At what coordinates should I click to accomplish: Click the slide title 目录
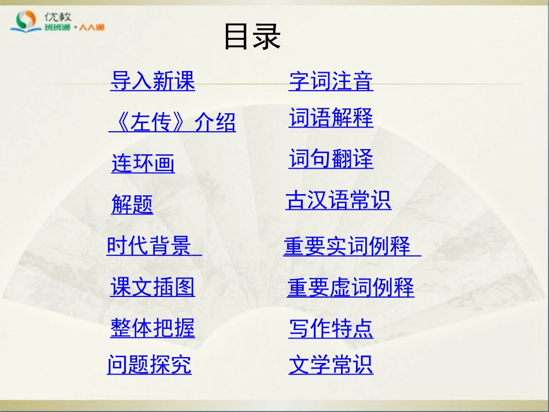pyautogui.click(x=252, y=37)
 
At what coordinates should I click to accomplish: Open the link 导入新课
pyautogui.click(x=153, y=81)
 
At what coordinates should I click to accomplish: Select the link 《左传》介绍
pyautogui.click(x=172, y=122)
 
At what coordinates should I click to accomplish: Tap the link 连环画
pyautogui.click(x=143, y=164)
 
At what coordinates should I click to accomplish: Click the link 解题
pyautogui.click(x=132, y=204)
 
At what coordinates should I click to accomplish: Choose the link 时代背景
pyautogui.click(x=149, y=246)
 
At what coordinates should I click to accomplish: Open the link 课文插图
pyautogui.click(x=153, y=287)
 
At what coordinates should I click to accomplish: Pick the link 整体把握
pyautogui.click(x=153, y=328)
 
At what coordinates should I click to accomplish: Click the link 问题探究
pyautogui.click(x=149, y=365)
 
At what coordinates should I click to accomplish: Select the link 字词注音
pyautogui.click(x=331, y=81)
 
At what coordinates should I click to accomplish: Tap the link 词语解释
pyautogui.click(x=331, y=118)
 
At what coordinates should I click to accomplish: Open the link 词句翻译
pyautogui.click(x=331, y=159)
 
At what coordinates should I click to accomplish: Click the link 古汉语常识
pyautogui.click(x=338, y=201)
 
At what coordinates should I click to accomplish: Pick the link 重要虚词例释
pyautogui.click(x=351, y=287)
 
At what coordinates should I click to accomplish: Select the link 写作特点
pyautogui.click(x=331, y=328)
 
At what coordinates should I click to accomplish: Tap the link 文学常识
pyautogui.click(x=331, y=365)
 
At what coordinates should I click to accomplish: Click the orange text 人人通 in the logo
pyautogui.click(x=91, y=28)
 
